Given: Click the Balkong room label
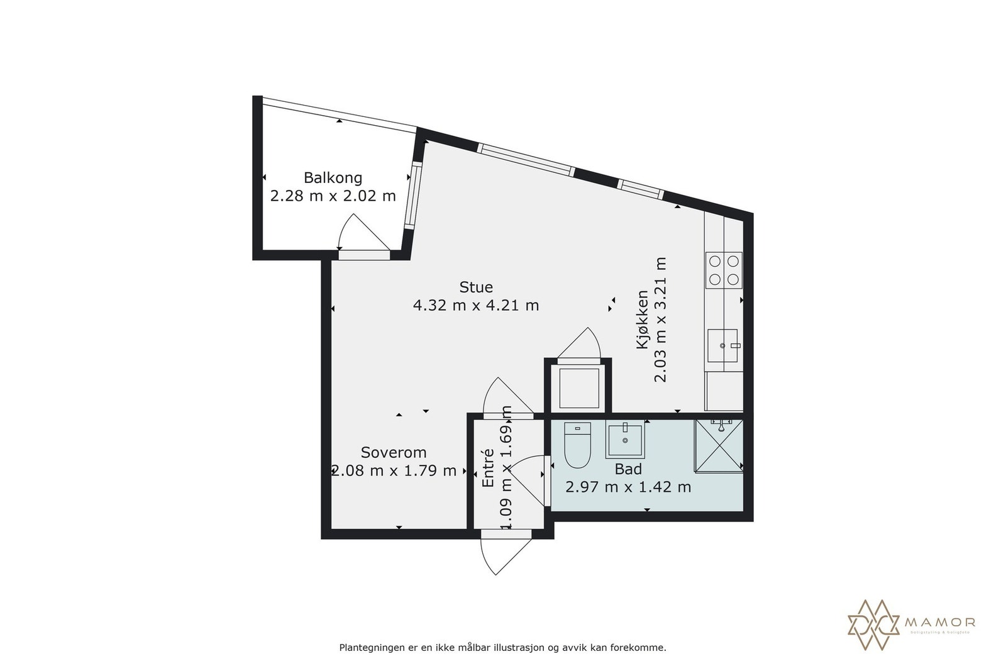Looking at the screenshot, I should point(333,177).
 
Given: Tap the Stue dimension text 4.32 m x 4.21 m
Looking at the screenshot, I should point(475,306).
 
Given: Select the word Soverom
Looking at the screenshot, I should point(394,452).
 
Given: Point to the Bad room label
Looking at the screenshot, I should point(628,469).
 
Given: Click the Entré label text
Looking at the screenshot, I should point(489,468).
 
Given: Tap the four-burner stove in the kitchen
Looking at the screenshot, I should point(724,270).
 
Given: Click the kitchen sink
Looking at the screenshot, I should point(722,345).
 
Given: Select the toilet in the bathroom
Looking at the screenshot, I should point(577,446).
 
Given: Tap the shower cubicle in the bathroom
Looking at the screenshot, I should point(718,445).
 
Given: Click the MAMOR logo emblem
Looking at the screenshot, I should point(875,624).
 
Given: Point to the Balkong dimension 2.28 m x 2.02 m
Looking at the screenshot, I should point(333,196).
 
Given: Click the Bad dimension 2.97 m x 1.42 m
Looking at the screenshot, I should point(628,487).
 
